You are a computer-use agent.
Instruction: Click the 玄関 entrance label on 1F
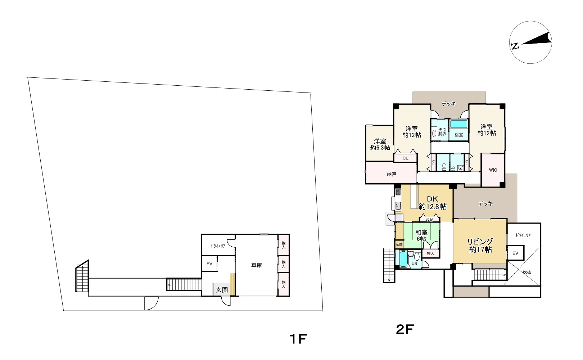pyautogui.click(x=222, y=290)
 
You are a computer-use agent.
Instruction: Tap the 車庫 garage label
pyautogui.click(x=256, y=265)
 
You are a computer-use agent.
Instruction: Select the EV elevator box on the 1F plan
pyautogui.click(x=209, y=264)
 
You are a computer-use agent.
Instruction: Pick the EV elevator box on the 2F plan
pyautogui.click(x=515, y=253)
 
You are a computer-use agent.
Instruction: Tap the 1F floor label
pyautogui.click(x=298, y=339)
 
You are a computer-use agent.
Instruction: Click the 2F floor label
pyautogui.click(x=405, y=329)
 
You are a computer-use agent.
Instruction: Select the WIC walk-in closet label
pyautogui.click(x=493, y=170)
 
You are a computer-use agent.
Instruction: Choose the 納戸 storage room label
pyautogui.click(x=392, y=174)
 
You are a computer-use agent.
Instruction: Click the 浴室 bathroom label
pyautogui.click(x=459, y=135)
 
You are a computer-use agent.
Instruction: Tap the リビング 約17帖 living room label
pyautogui.click(x=480, y=246)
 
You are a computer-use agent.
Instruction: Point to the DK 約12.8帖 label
pyautogui.click(x=433, y=203)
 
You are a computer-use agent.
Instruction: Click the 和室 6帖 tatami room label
pyautogui.click(x=421, y=235)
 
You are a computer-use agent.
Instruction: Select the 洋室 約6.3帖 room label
pyautogui.click(x=380, y=144)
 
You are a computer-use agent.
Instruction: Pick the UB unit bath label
pyautogui.click(x=414, y=264)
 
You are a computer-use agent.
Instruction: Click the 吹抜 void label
pyautogui.click(x=527, y=272)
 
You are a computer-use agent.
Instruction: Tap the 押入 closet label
pyautogui.click(x=430, y=253)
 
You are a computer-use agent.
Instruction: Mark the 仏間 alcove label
pyautogui.click(x=399, y=244)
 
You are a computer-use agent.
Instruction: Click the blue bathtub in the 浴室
pyautogui.click(x=458, y=124)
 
